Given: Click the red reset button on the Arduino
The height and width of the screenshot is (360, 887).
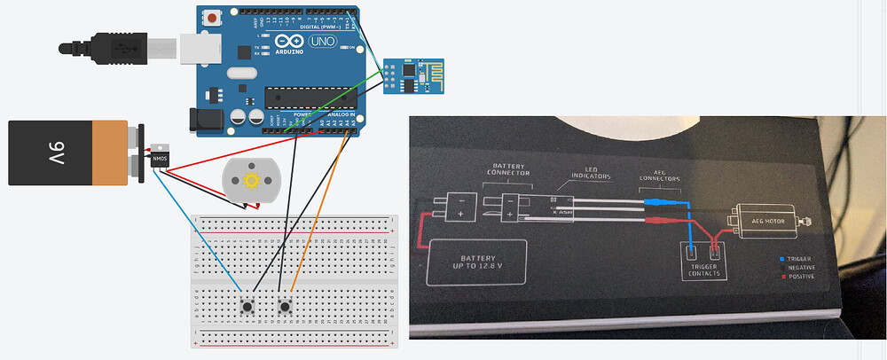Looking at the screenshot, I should pyautogui.click(x=214, y=17).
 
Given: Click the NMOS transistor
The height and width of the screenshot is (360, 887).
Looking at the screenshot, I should pyautogui.click(x=160, y=158).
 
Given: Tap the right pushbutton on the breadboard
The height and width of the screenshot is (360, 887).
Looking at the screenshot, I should pyautogui.click(x=285, y=308).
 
